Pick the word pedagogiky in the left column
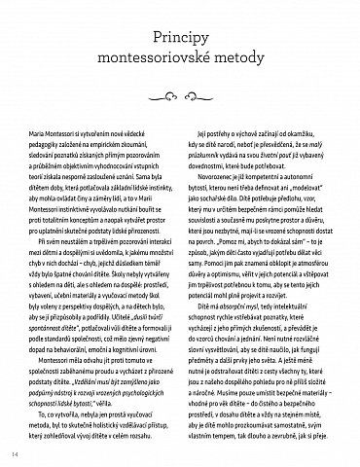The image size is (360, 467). click(x=65, y=141)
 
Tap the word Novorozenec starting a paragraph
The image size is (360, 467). click(x=223, y=184)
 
